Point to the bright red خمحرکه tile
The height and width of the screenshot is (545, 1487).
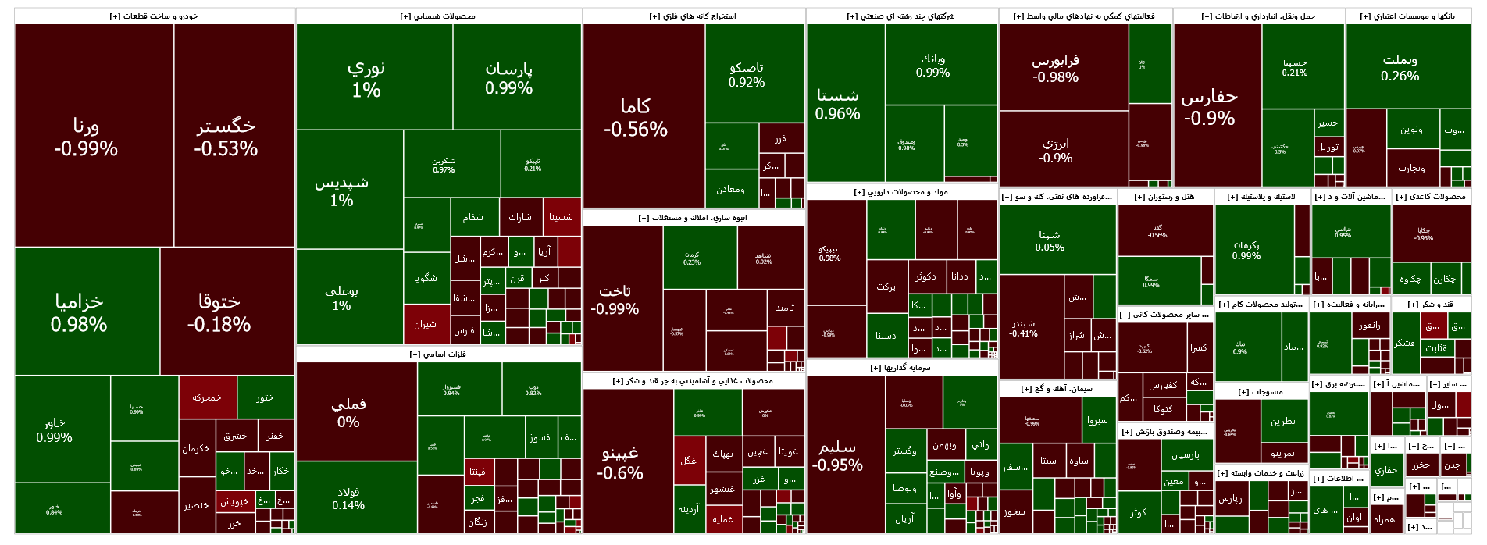coord(207,397)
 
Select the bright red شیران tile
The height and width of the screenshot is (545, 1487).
coord(426,324)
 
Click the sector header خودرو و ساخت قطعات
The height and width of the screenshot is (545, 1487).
coord(155,16)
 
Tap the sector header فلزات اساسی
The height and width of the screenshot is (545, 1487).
coord(438,354)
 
